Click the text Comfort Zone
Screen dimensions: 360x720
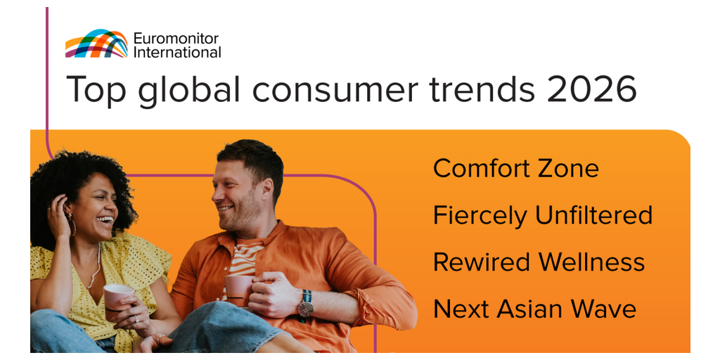coord(515,169)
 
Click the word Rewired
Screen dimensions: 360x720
coord(481,262)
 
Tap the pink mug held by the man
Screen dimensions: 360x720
coord(238,290)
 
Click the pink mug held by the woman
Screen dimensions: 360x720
coord(117,298)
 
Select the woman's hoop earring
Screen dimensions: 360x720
coord(72,226)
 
